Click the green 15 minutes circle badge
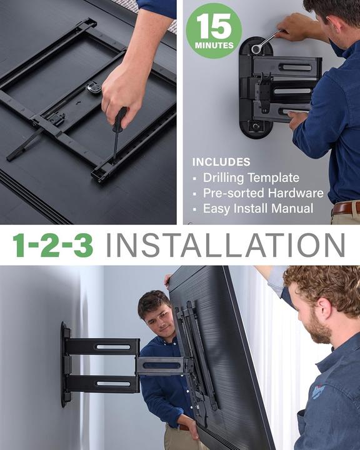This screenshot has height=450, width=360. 213,30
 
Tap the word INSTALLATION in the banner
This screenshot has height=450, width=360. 225,245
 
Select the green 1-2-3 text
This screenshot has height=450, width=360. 52,245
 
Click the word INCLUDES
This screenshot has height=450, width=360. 221,162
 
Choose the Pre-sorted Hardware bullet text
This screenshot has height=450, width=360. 263,193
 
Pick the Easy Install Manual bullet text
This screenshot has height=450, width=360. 258,209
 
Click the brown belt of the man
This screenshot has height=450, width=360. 345,207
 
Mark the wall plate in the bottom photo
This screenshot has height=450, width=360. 65,364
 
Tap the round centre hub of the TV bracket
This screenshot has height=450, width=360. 94,87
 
